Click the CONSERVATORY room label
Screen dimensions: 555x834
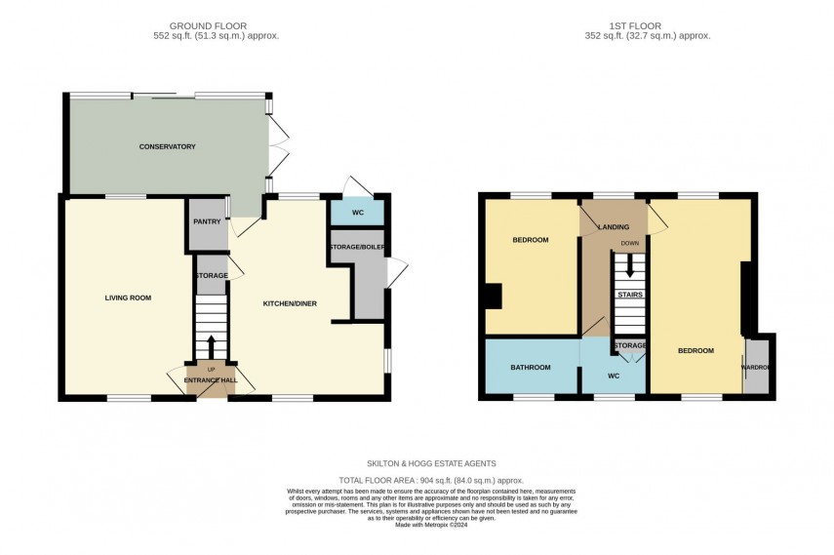pyautogui.click(x=167, y=146)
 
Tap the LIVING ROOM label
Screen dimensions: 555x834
pyautogui.click(x=128, y=297)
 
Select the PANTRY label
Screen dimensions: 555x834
pyautogui.click(x=207, y=222)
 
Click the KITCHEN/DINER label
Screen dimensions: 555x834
pyautogui.click(x=289, y=304)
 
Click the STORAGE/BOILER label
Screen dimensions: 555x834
pyautogui.click(x=357, y=246)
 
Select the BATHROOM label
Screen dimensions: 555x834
pyautogui.click(x=531, y=368)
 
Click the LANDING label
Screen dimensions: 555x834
pyautogui.click(x=614, y=228)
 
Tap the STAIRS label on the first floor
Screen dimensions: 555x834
pyautogui.click(x=629, y=295)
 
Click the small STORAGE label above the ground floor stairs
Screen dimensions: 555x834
pyautogui.click(x=211, y=276)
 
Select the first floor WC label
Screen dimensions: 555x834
pyautogui.click(x=614, y=375)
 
